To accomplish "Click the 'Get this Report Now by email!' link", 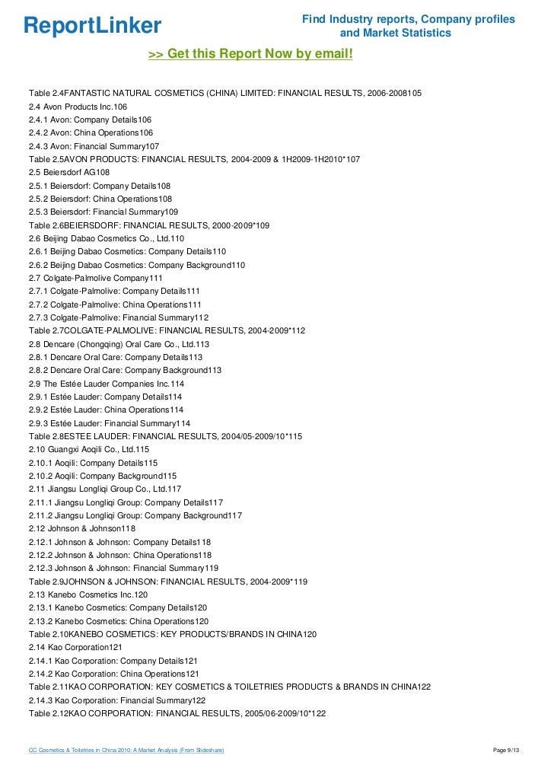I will click(250, 54).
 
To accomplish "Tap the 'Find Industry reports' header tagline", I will click(409, 25).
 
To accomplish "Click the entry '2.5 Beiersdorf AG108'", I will click(71, 172).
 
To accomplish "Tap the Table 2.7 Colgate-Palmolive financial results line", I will click(167, 330).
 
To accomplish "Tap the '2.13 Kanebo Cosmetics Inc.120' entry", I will click(88, 594).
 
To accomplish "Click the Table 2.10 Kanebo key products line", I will click(172, 633).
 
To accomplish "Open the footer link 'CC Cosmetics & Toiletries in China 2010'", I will click(126, 751).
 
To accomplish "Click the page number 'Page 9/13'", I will click(506, 751).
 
